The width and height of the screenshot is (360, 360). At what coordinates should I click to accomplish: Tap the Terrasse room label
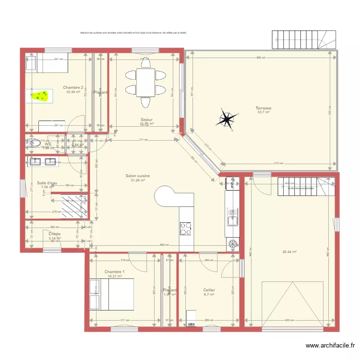point(264,108)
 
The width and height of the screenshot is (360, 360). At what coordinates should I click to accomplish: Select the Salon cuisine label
point(138,176)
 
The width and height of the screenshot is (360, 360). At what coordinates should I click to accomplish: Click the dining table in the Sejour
point(145,82)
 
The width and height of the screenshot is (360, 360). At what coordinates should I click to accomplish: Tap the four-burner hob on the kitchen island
point(186,228)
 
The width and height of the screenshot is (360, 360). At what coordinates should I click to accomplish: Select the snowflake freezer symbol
point(233,244)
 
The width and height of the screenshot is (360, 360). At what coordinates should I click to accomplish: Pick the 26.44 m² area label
point(289,251)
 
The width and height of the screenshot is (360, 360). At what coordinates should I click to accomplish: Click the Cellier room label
point(209,290)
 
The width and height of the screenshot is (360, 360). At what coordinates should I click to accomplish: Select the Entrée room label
point(55,234)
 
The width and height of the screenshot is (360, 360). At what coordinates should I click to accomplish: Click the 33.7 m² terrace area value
point(264,113)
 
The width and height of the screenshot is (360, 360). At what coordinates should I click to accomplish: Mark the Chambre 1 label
point(114,272)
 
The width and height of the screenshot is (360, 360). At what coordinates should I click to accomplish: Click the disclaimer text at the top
point(133,33)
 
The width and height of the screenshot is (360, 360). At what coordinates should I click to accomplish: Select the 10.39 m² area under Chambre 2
point(73,92)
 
